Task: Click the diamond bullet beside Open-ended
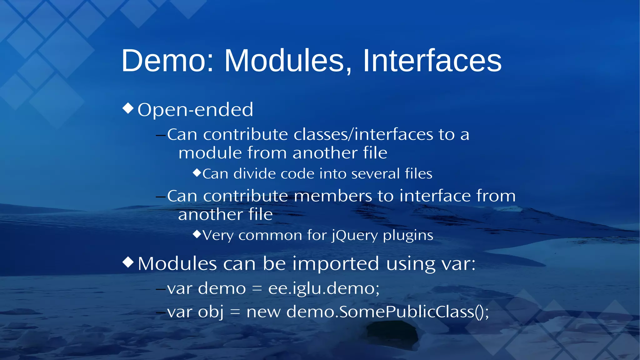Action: click(128, 108)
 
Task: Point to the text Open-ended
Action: click(195, 110)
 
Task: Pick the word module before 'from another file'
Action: click(210, 153)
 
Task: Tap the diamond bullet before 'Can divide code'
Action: click(197, 172)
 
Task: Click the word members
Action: click(333, 196)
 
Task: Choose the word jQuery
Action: click(355, 235)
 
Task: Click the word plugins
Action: click(408, 235)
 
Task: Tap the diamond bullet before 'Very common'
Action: click(197, 234)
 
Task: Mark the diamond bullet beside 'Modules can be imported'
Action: click(128, 262)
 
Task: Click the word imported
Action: click(336, 264)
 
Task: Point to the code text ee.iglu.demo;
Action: click(324, 288)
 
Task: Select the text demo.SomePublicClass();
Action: click(387, 312)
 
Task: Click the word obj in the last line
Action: click(211, 312)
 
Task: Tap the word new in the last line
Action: click(263, 312)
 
